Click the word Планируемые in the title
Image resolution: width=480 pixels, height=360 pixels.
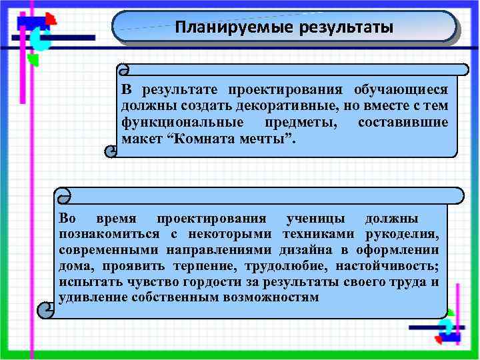click(216, 29)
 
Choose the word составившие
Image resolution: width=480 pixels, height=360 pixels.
click(403, 123)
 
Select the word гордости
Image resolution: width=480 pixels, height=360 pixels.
click(211, 281)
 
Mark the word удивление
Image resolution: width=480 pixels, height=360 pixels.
click(91, 297)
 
